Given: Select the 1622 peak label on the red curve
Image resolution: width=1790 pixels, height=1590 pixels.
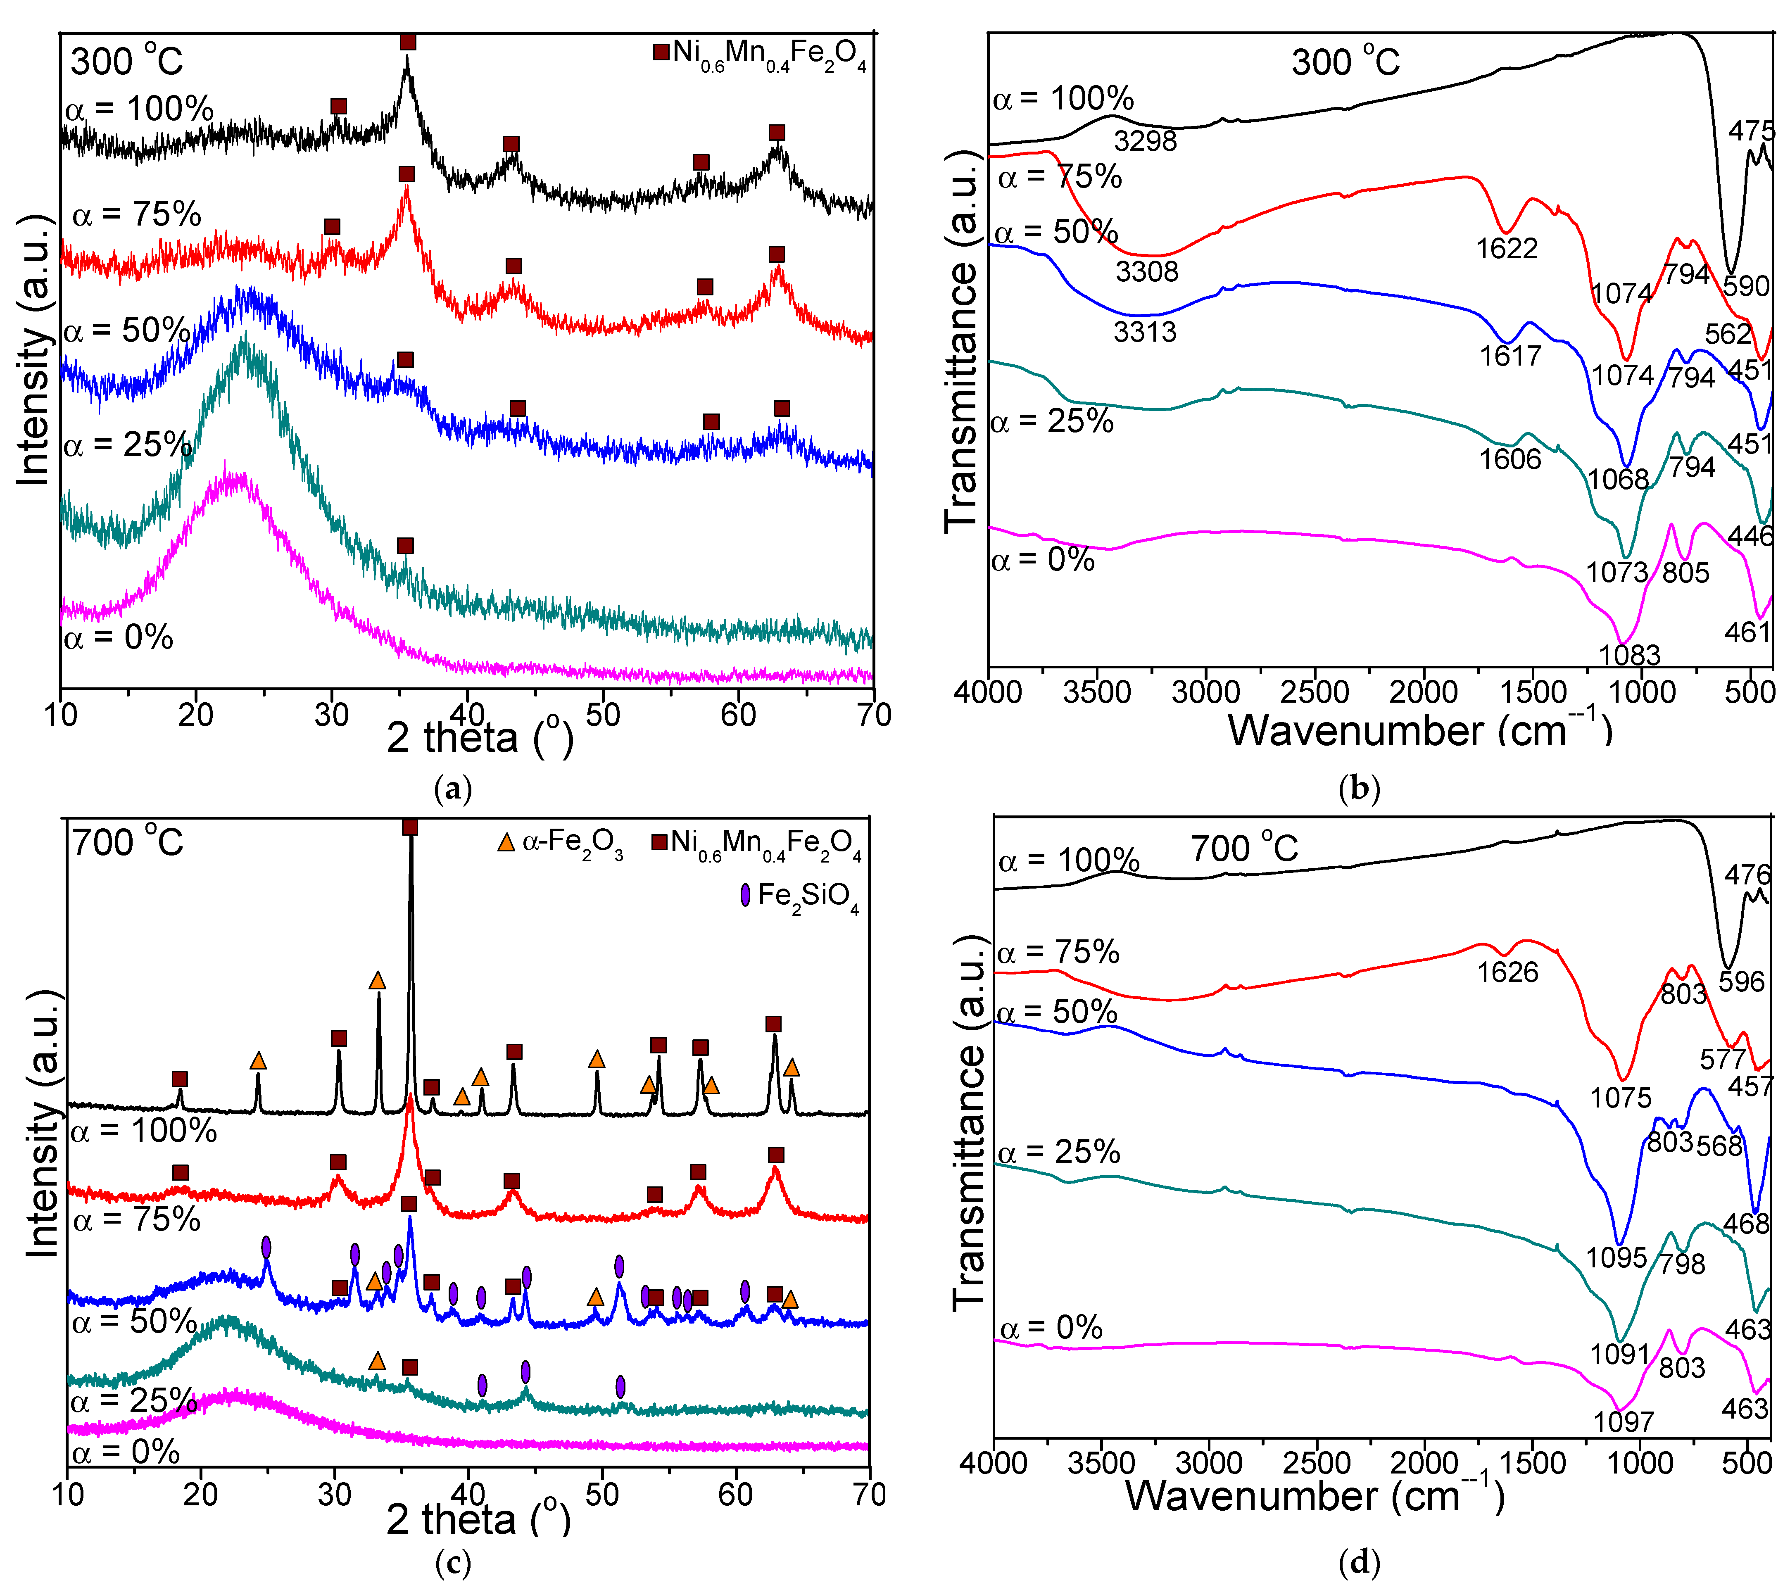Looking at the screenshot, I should click(1506, 249).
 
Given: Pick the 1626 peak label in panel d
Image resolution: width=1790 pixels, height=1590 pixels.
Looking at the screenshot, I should click(1507, 972).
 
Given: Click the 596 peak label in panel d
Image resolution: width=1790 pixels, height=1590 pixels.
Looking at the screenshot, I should click(1741, 982).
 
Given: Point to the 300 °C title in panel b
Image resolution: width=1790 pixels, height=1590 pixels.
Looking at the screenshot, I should click(1345, 62).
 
